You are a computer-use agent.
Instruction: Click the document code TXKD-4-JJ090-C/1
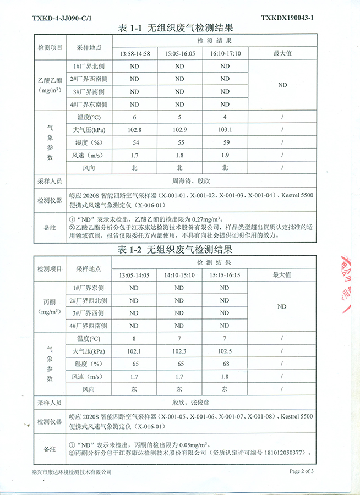point(62,18)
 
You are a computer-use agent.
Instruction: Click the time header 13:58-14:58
point(135,54)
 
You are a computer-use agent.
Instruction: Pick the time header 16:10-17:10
point(225,54)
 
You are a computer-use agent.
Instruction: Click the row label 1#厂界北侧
point(89,67)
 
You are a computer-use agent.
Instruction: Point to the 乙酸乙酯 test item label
point(50,81)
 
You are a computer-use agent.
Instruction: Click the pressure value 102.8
point(135,129)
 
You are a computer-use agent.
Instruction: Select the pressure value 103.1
point(225,129)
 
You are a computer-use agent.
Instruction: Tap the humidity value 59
point(225,142)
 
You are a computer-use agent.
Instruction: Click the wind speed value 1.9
point(225,155)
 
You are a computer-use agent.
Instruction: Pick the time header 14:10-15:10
point(179,274)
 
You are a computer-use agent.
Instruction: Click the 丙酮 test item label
point(50,302)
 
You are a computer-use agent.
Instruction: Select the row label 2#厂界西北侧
point(89,300)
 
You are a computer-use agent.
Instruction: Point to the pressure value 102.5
point(225,351)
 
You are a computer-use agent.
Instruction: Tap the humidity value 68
point(225,364)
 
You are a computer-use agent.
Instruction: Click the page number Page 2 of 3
point(302,471)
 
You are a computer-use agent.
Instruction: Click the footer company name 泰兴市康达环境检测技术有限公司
point(72,472)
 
